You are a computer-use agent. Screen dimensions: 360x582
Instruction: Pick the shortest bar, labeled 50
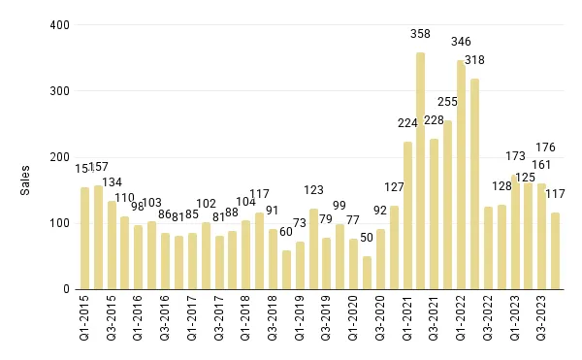click(367, 273)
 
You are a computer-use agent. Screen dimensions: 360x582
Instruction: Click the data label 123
click(313, 190)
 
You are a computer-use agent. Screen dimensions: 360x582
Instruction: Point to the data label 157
click(99, 167)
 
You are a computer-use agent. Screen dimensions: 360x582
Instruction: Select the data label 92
click(380, 210)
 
